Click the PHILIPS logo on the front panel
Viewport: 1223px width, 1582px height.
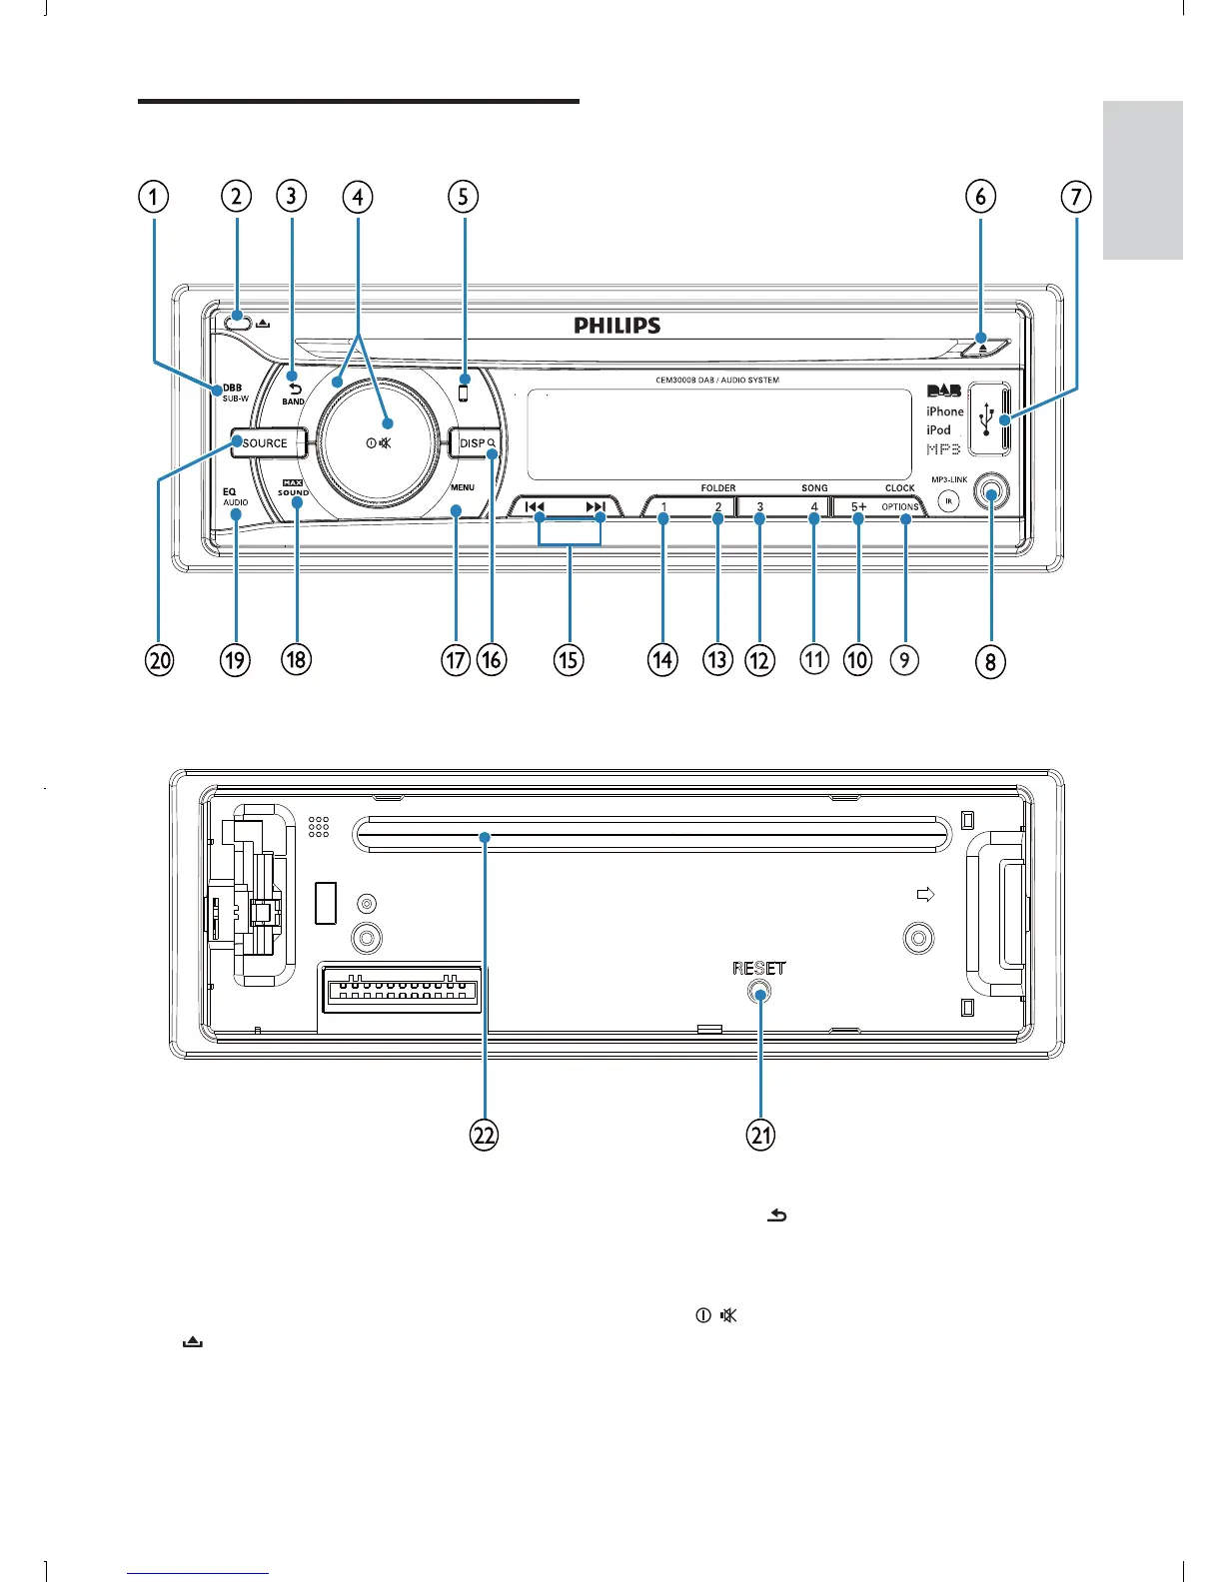coord(616,326)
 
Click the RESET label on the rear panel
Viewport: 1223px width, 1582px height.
coord(758,968)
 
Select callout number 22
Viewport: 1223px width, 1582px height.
coord(484,1135)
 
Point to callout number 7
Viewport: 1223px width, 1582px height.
coord(1075,196)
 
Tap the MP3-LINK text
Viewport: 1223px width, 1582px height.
coord(949,479)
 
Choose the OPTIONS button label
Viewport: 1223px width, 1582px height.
coord(899,507)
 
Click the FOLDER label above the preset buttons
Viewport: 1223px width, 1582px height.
coord(717,488)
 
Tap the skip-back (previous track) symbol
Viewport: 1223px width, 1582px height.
coord(535,507)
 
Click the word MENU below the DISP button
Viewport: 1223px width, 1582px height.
coord(462,487)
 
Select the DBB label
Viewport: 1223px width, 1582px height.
coord(232,388)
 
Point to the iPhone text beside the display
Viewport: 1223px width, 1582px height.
coord(944,411)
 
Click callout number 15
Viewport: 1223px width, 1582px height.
coord(569,659)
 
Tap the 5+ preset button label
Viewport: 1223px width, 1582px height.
coord(858,507)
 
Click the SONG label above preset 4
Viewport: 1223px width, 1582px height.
coord(814,488)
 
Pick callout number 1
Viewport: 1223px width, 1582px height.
coord(153,196)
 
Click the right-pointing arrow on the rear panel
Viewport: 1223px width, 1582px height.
coord(925,894)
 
